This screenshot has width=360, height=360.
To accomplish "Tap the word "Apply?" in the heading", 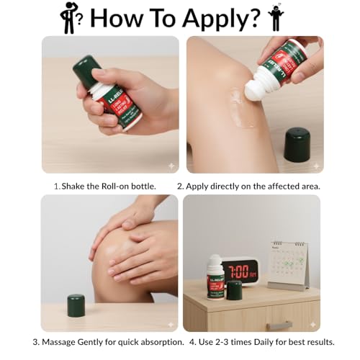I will coord(219,18).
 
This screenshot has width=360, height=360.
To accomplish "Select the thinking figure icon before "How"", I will coord(68,17).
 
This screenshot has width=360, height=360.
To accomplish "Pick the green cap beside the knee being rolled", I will coord(296,145).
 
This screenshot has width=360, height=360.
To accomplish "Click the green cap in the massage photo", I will coord(76,307).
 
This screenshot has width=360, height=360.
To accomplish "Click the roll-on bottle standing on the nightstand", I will coord(215,276).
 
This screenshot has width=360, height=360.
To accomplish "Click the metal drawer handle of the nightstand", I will coord(278,326).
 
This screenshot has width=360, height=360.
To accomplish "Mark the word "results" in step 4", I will coord(334,341).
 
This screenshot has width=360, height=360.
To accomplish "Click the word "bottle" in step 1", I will coord(141,186).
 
